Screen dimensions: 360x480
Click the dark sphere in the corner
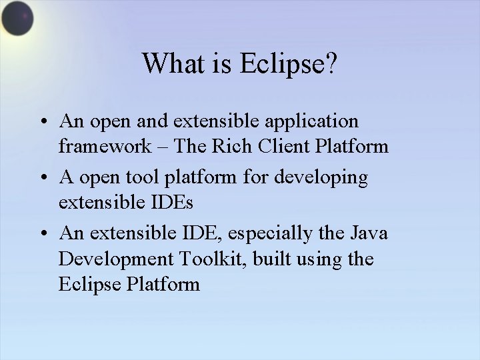click(16, 19)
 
